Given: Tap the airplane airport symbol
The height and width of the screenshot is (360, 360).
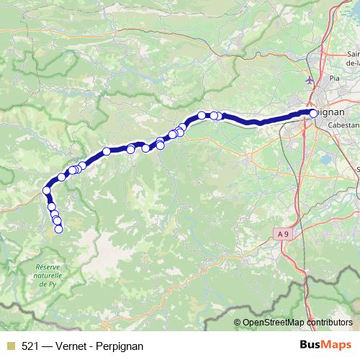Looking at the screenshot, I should click(x=310, y=79).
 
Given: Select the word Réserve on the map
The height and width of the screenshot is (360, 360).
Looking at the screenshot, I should click(x=48, y=267).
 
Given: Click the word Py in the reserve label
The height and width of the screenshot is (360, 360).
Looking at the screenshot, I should click(x=53, y=284).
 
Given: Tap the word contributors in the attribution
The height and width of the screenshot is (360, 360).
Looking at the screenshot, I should click(x=331, y=323).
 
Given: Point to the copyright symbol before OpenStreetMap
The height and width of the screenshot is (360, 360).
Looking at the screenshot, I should click(x=238, y=323).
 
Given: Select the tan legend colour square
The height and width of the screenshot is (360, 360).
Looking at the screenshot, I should click(x=9, y=346).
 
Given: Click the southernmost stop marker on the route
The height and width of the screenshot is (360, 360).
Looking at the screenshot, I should click(x=59, y=229).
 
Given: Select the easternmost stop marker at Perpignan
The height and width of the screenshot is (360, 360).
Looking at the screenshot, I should click(x=313, y=113).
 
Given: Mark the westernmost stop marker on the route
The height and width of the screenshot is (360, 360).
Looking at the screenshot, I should click(x=47, y=191).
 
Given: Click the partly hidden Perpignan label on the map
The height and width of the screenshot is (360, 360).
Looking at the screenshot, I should click(x=333, y=113).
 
